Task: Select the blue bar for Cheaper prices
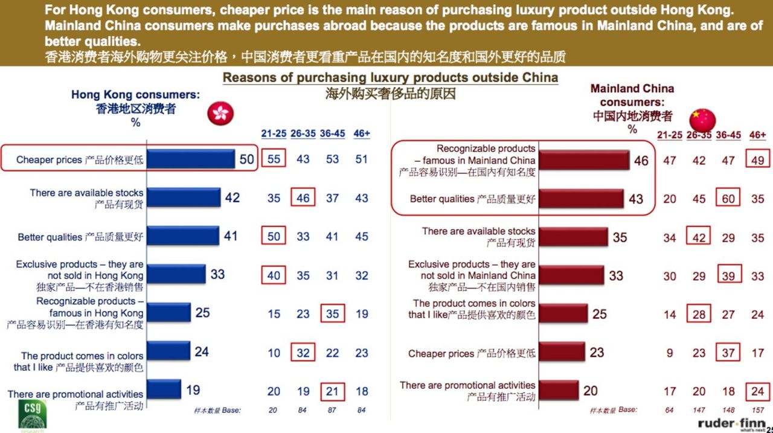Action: pyautogui.click(x=191, y=159)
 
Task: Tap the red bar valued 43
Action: pyautogui.click(x=581, y=199)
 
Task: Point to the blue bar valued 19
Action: pyautogui.click(x=164, y=390)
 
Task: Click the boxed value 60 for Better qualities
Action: pyautogui.click(x=728, y=199)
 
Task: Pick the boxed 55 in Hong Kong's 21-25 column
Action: pyautogui.click(x=274, y=159)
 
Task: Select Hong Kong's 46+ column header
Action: pyautogui.click(x=361, y=133)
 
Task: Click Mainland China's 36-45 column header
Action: pyautogui.click(x=728, y=135)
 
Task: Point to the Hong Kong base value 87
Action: pyautogui.click(x=332, y=411)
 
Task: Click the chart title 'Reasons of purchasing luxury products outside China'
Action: pyautogui.click(x=390, y=78)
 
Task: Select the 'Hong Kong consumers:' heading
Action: pyautogui.click(x=135, y=95)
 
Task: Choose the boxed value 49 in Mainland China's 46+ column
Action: pyautogui.click(x=757, y=161)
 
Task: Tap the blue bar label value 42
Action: pyautogui.click(x=232, y=197)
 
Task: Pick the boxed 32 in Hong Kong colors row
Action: pyautogui.click(x=303, y=352)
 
